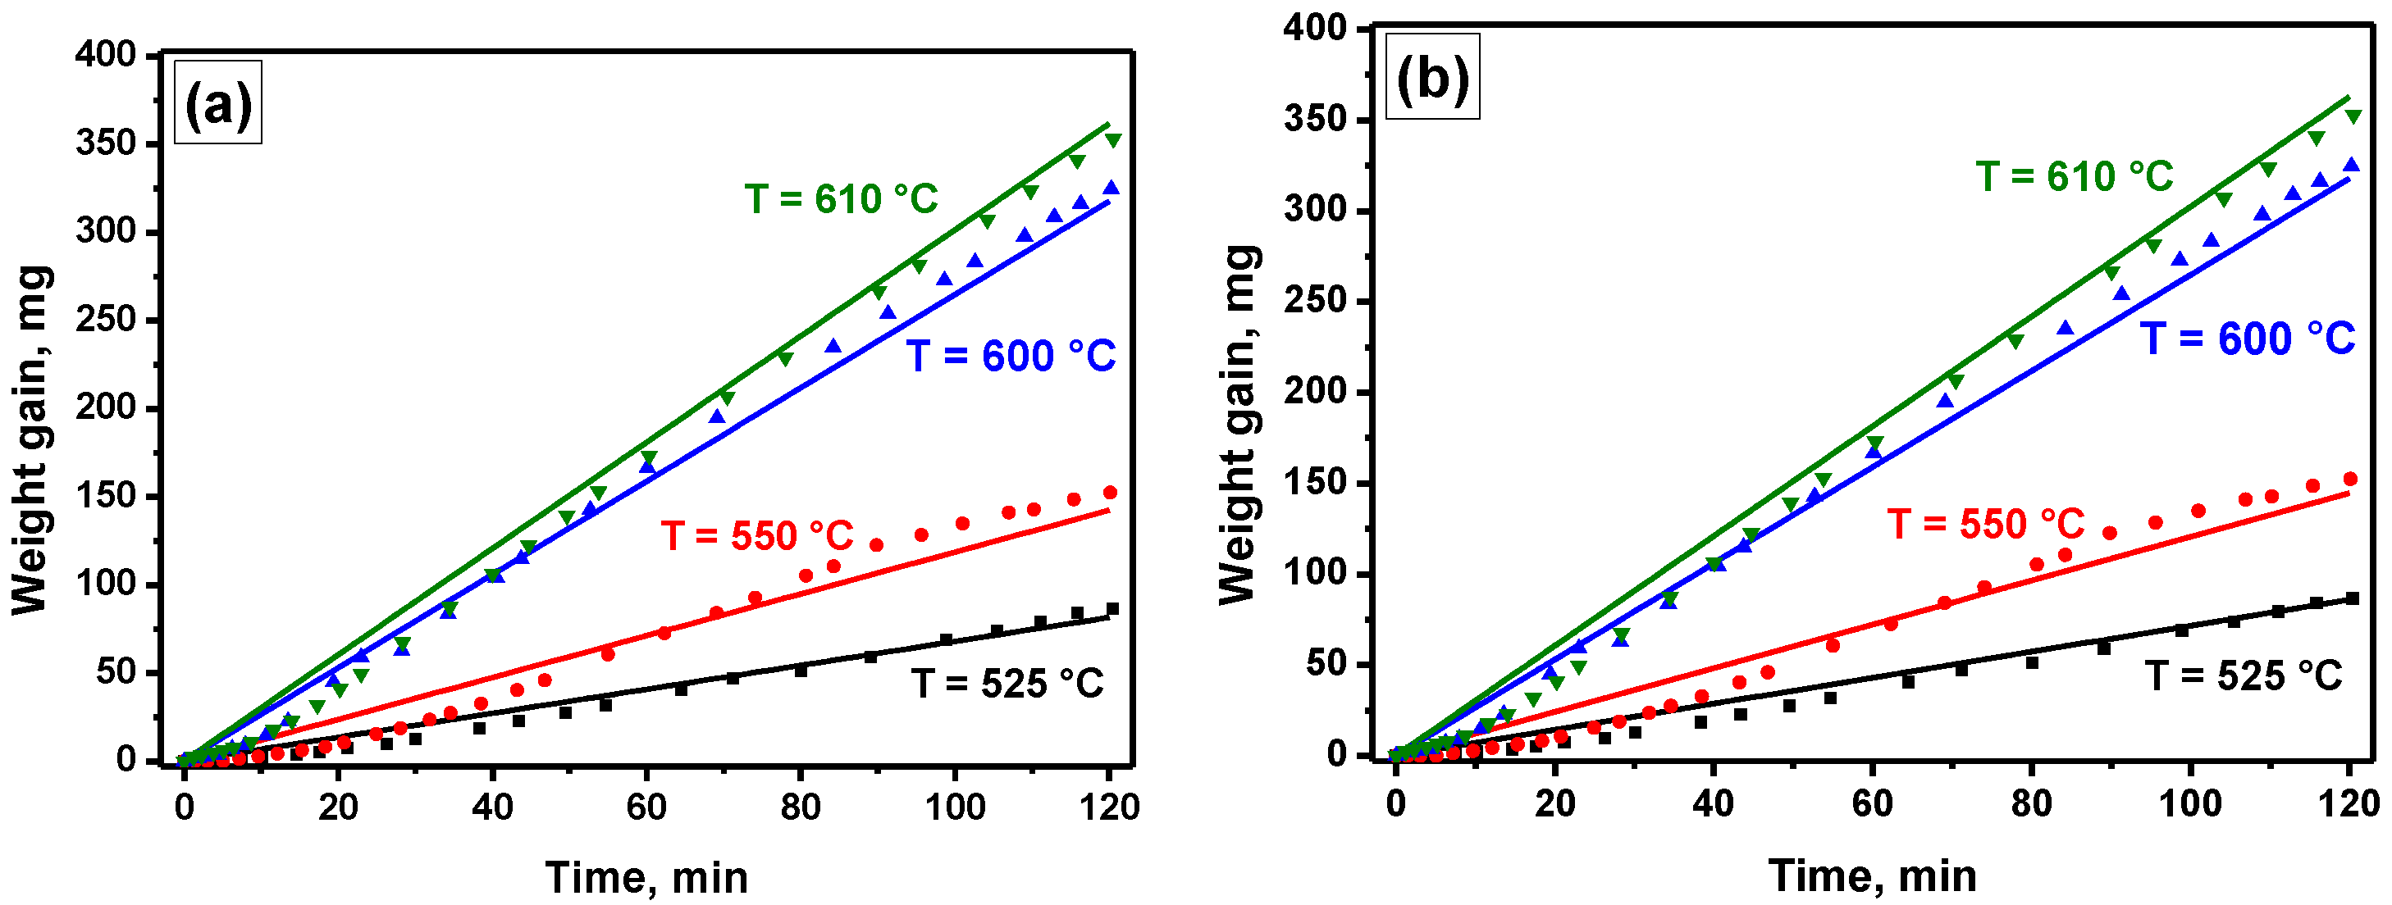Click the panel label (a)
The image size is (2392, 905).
coord(218,103)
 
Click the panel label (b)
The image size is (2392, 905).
coord(1432,78)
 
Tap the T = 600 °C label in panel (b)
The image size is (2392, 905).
coord(2247,339)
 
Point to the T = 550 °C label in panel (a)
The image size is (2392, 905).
coord(757,536)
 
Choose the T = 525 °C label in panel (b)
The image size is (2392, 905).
coord(2244,675)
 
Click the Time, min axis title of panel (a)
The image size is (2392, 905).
coord(646,877)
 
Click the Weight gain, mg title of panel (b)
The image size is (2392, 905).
coord(1239,425)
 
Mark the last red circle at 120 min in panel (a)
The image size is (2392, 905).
coord(1110,493)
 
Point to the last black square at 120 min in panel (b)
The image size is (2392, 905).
coord(2352,598)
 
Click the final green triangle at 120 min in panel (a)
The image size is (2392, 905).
coord(1113,140)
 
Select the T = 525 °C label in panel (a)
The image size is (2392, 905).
coord(1007,684)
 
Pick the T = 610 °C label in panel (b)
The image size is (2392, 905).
coord(2074,176)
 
